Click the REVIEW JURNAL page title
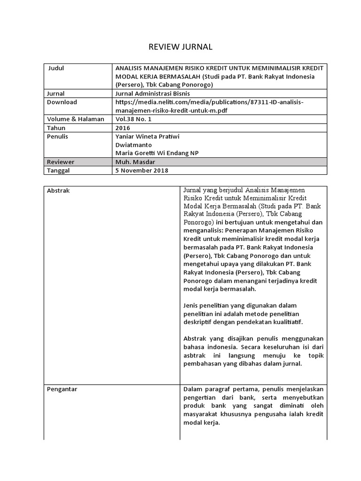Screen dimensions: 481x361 pos(180,47)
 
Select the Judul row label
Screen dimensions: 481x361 pos(56,68)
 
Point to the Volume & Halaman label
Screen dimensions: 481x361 pos(76,119)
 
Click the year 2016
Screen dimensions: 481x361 pos(123,128)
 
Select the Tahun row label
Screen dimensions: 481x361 pos(56,128)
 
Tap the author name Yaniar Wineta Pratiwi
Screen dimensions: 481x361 pos(147,136)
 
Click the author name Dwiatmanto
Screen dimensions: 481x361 pos(133,145)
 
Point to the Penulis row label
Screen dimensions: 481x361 pos(58,136)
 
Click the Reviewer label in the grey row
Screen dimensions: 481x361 pos(61,162)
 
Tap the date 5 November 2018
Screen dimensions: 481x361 pos(141,171)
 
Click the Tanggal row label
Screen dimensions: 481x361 pos(59,171)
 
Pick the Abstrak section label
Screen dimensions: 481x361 pos(59,191)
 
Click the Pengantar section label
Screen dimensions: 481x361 pos(63,389)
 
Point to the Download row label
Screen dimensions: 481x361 pos(62,102)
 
